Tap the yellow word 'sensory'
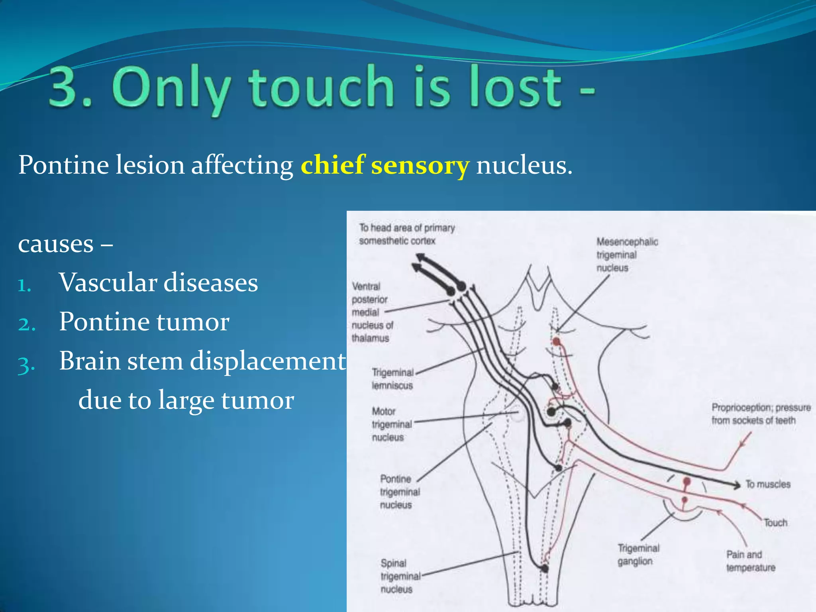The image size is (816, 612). pos(420,166)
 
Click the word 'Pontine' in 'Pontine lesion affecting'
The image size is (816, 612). pos(64,165)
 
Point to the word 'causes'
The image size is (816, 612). pos(56,244)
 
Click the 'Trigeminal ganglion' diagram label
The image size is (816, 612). pos(638,555)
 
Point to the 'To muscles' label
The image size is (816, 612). pos(767,484)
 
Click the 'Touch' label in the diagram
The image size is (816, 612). pos(775,522)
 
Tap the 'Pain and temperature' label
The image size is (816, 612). pos(750,561)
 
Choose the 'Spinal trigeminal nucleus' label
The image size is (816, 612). pos(400,576)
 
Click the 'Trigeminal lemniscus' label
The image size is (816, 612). pos(392,379)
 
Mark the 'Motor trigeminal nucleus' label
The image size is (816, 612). pos(391,424)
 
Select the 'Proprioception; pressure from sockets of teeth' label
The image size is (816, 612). pos(761,414)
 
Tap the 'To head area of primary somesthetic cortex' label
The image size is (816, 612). pos(406,234)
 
